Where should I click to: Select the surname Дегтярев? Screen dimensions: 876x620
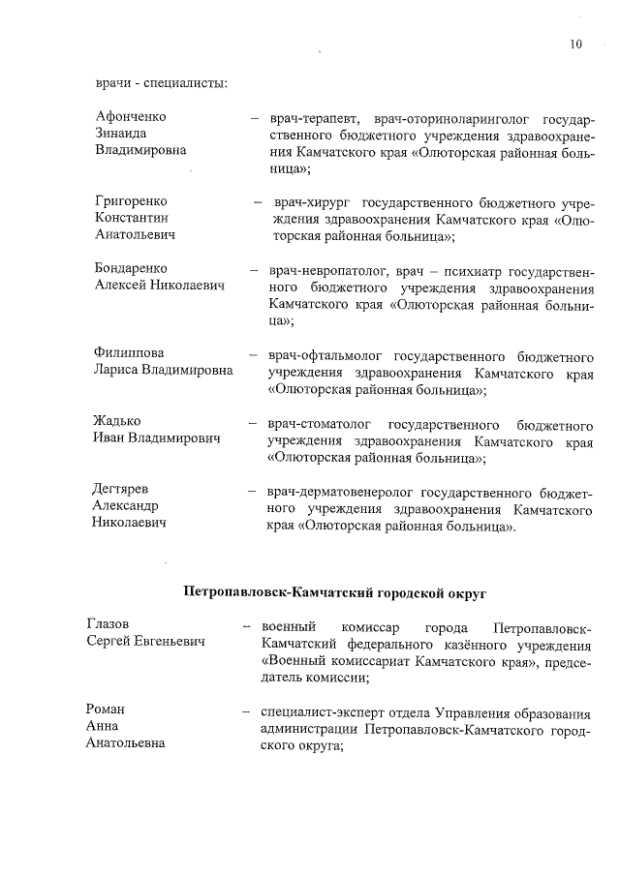click(120, 489)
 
